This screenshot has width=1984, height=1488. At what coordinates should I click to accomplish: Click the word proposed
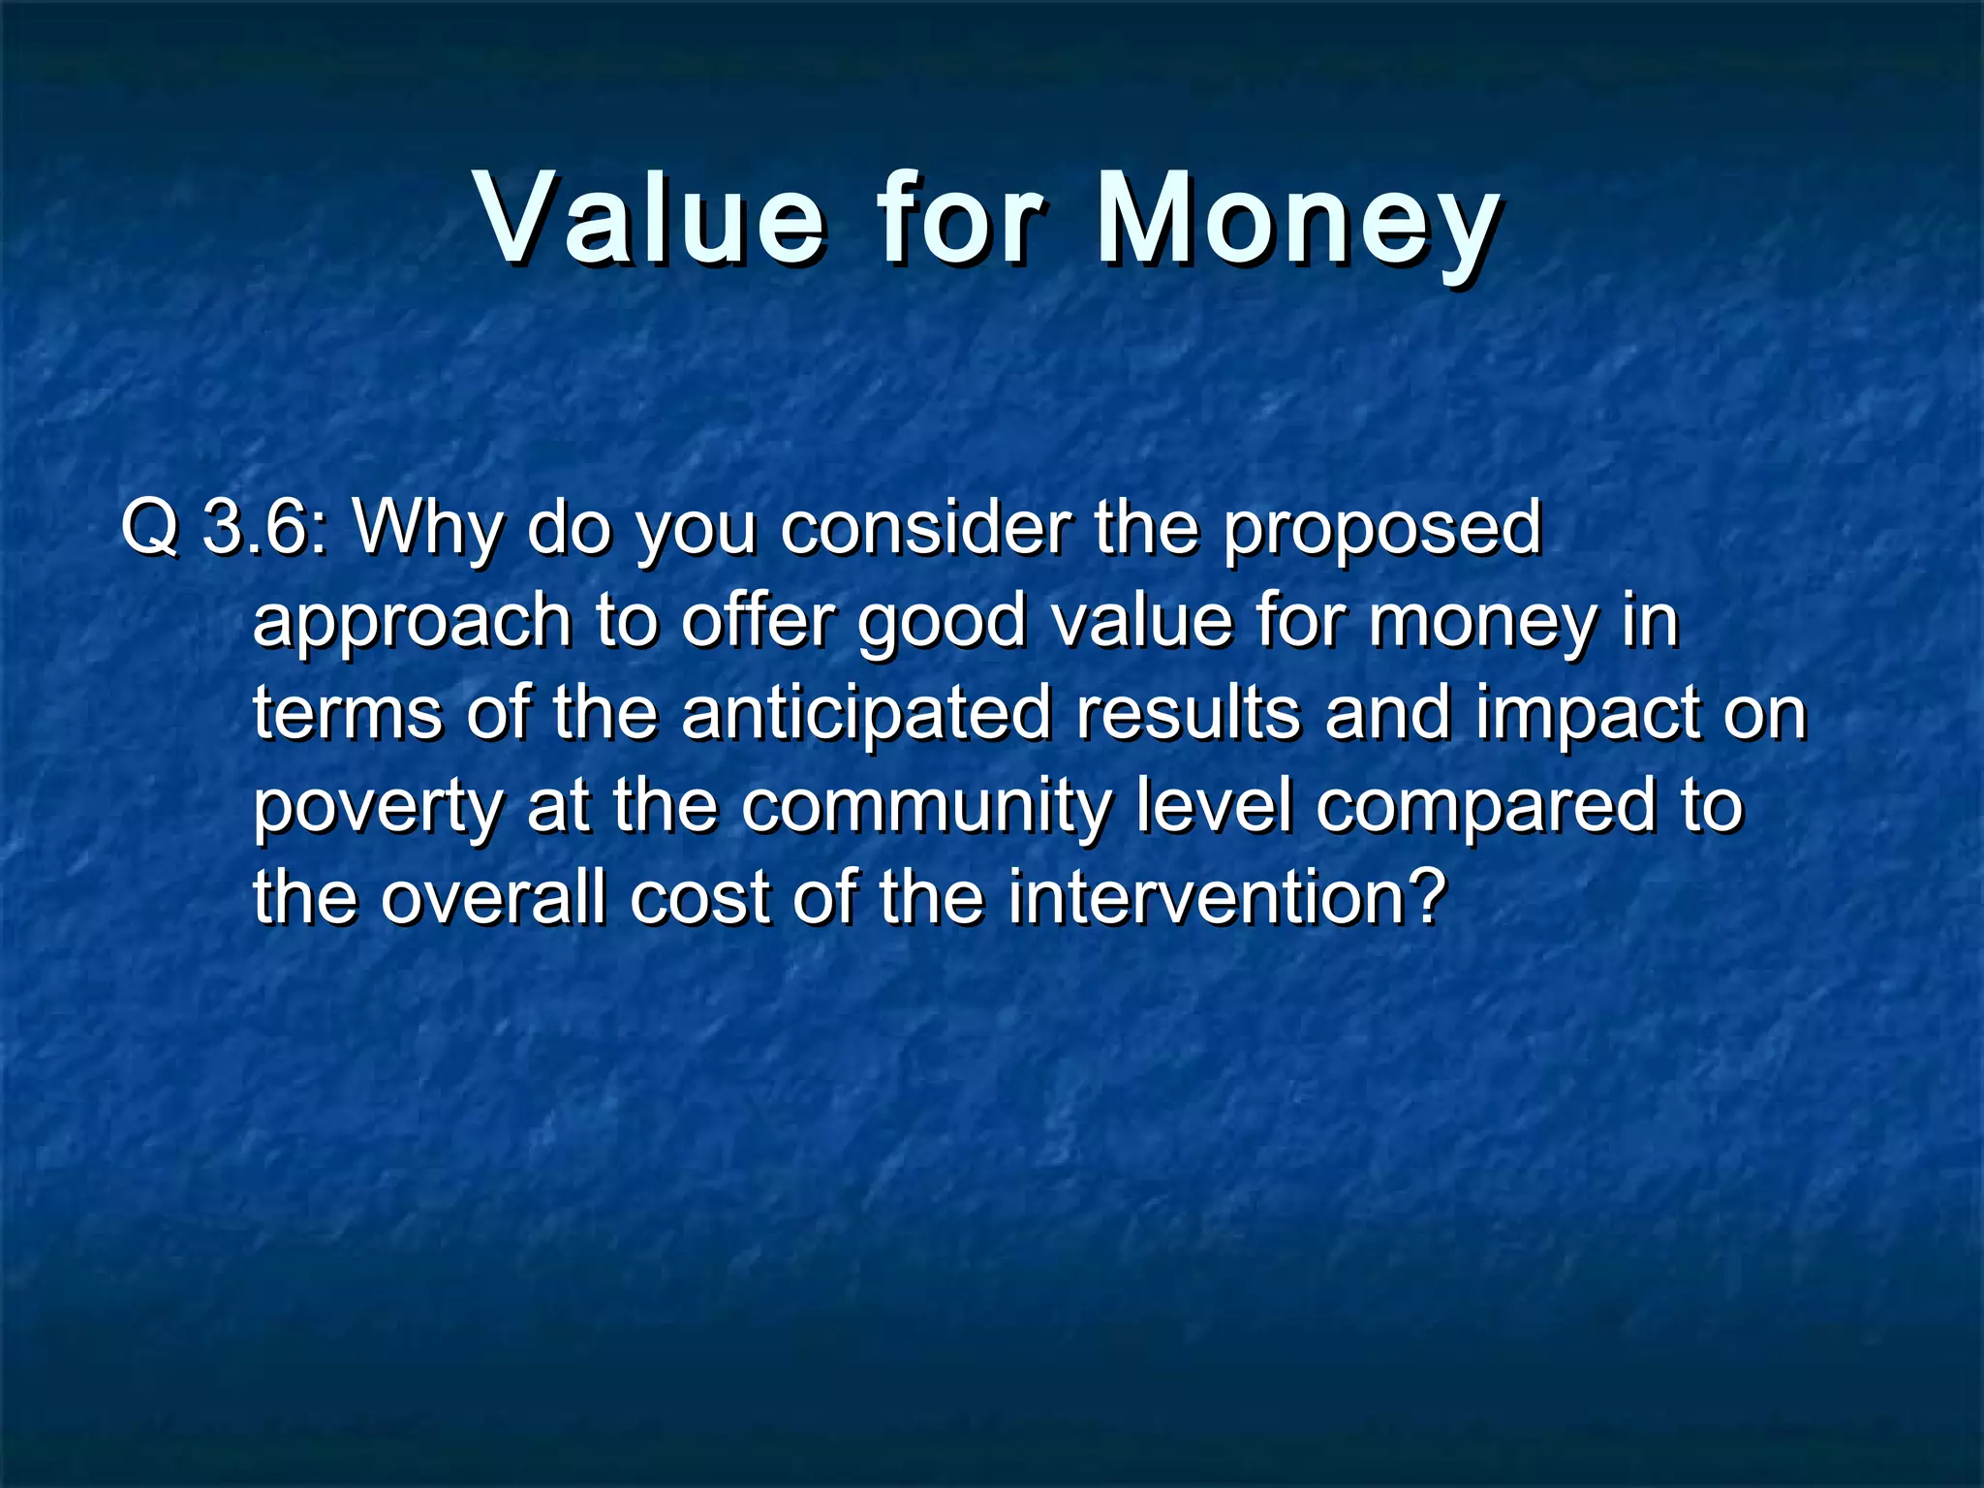1380,531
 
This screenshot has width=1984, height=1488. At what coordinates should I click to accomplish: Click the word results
1188,714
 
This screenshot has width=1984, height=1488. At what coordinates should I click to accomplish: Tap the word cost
699,898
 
